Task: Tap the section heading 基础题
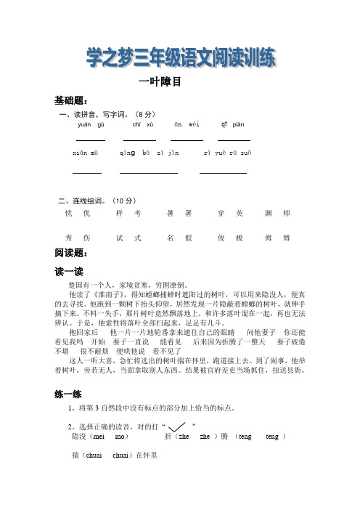coord(71,100)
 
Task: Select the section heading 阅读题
coord(71,253)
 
